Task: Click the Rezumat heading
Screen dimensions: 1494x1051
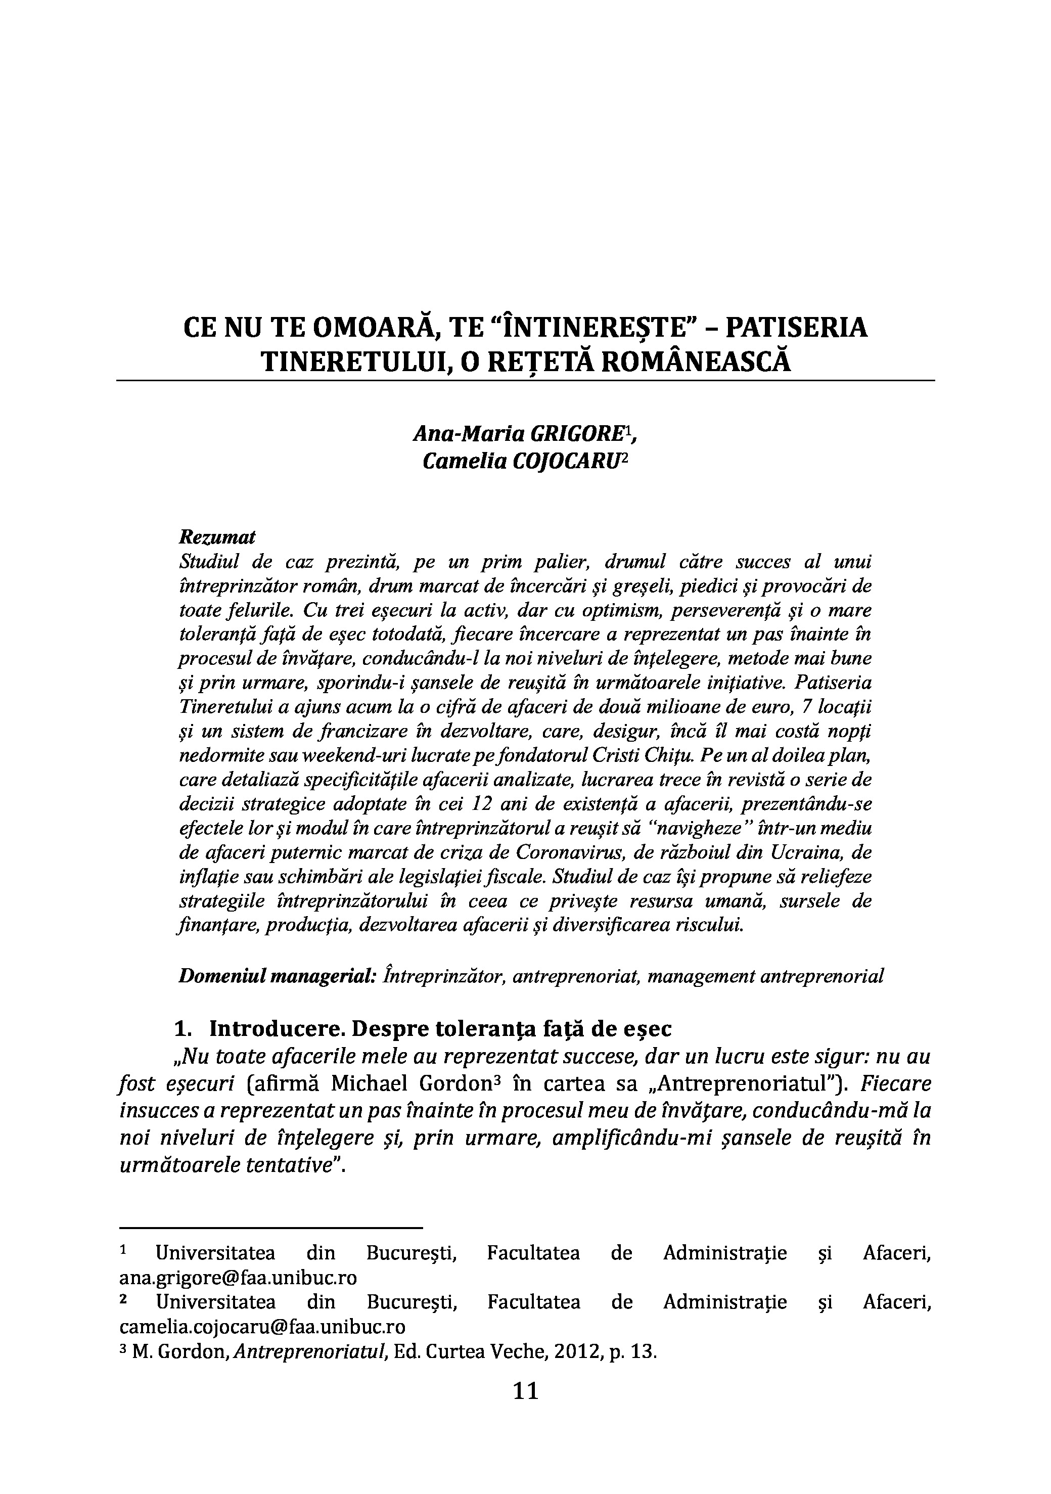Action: pyautogui.click(x=217, y=537)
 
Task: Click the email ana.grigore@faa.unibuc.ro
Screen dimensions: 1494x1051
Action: pyautogui.click(x=238, y=1296)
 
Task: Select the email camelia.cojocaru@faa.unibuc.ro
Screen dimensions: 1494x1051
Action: pyautogui.click(x=262, y=1345)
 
